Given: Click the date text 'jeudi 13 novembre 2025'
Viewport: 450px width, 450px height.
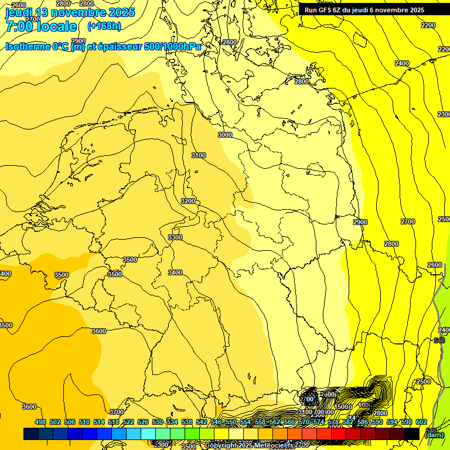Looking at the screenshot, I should coord(70,12).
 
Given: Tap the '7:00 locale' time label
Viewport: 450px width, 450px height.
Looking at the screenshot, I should coord(41,26).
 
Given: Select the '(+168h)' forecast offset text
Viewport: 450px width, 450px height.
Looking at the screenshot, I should coord(104,26).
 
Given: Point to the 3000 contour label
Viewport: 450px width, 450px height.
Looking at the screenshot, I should coord(225,135).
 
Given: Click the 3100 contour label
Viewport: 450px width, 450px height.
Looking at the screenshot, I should coord(199,155).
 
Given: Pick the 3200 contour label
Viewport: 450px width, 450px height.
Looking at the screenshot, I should coord(188,201).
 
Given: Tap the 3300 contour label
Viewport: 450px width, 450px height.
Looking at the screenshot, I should coord(175,237).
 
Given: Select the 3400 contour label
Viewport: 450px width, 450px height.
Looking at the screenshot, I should coord(175,272).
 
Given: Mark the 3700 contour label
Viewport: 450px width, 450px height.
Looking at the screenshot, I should coord(117,412).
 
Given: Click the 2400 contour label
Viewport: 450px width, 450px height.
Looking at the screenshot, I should coord(402,63).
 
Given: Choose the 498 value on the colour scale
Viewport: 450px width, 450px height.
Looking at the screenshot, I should coord(40,422).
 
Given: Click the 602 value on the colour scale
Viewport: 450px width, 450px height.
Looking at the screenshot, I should coord(421,422).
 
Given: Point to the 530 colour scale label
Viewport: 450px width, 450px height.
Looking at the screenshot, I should coord(158,422).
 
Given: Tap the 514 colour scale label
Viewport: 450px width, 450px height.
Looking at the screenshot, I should coord(99,422).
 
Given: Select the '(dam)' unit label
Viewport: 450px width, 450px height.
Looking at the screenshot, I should coord(433,434).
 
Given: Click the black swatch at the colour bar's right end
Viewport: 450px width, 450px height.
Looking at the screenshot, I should coord(412,434).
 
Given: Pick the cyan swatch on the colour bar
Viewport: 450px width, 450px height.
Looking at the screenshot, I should coord(148,434).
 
